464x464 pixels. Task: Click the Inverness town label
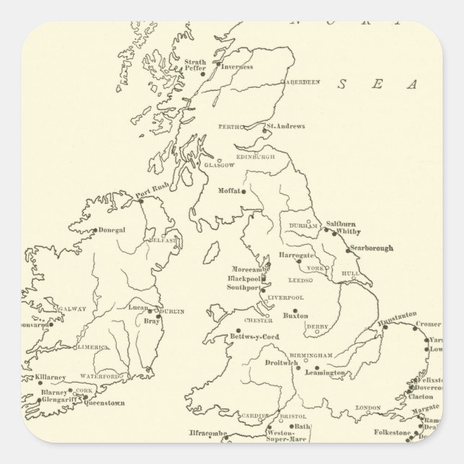(237, 67)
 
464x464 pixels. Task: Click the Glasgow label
(220, 165)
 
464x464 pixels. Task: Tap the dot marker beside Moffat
(244, 191)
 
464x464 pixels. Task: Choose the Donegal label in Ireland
(111, 231)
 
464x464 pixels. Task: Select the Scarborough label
(370, 249)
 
